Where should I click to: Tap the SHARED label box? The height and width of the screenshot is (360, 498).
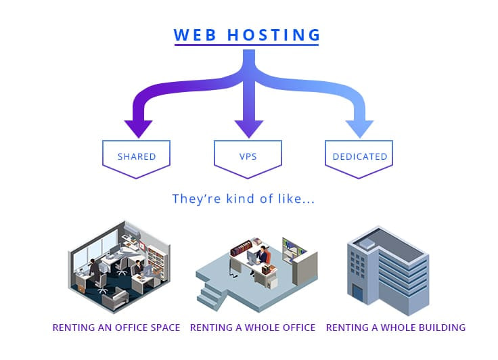coord(137,157)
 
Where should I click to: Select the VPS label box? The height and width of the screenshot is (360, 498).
coord(248,157)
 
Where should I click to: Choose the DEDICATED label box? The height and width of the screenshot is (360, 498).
coord(359,157)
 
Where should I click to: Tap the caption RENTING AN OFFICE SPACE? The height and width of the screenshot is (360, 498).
coord(116,328)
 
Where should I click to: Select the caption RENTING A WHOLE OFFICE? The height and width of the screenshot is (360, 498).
coord(252,328)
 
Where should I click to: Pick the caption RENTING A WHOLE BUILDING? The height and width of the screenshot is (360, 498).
coord(396,328)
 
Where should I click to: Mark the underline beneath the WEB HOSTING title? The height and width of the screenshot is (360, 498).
coord(247,45)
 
